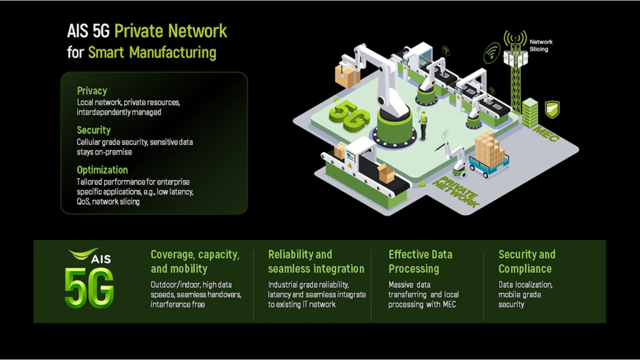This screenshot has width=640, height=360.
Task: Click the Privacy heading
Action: (x=92, y=91)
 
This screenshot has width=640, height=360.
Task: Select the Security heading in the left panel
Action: (x=94, y=130)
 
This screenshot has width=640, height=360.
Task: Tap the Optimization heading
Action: (x=102, y=170)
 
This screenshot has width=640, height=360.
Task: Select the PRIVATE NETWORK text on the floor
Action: (x=455, y=191)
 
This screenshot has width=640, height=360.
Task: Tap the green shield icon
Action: (x=552, y=110)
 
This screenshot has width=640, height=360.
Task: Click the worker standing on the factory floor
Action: (x=423, y=126)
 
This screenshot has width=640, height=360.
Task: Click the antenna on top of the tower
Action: (x=515, y=39)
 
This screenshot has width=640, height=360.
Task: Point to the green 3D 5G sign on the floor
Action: (x=347, y=116)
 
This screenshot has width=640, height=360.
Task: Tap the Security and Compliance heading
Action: (x=526, y=262)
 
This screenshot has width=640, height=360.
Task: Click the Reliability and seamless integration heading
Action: (x=316, y=262)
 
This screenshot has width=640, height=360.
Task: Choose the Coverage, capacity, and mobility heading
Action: (x=194, y=262)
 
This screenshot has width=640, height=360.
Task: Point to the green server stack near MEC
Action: (x=529, y=113)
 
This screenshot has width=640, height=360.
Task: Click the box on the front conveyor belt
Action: (x=386, y=173)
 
